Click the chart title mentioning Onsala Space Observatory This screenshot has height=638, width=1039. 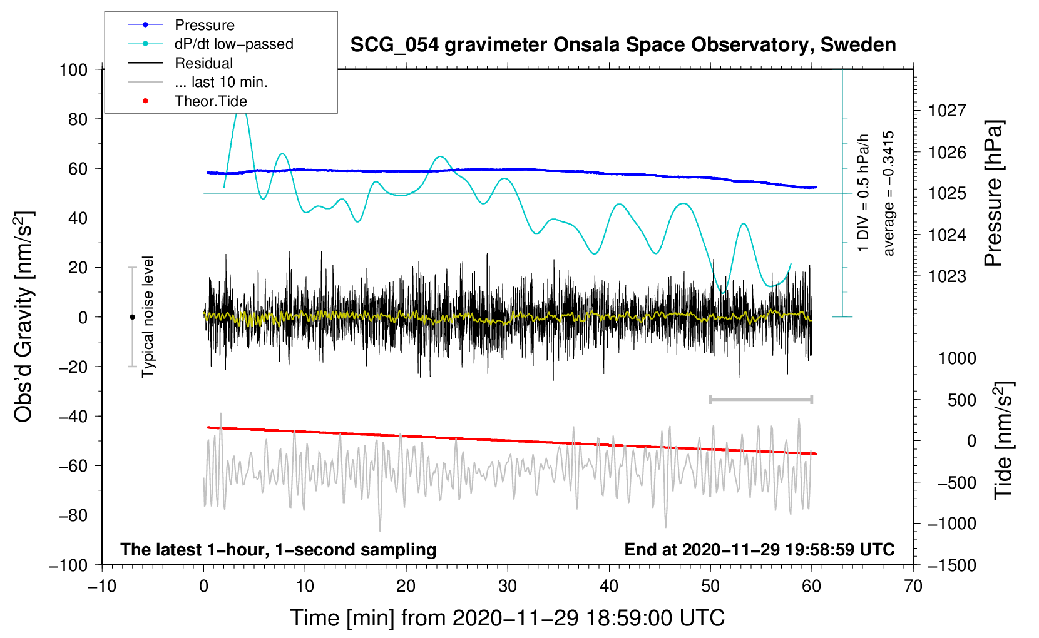click(x=623, y=45)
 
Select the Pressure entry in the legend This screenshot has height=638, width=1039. click(x=204, y=25)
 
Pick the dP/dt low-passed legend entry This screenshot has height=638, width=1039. click(x=233, y=44)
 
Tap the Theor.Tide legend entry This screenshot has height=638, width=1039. click(x=210, y=101)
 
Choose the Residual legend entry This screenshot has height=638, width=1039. click(x=203, y=63)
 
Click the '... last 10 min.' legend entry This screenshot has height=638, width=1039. click(x=221, y=82)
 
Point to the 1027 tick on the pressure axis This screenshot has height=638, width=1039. click(x=947, y=111)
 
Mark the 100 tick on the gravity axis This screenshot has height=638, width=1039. click(x=74, y=69)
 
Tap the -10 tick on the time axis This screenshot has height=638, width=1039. click(x=102, y=586)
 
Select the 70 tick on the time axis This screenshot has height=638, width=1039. click(x=913, y=586)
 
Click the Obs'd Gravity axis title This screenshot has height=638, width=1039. click(x=23, y=316)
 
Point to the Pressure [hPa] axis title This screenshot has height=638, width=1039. click(x=994, y=193)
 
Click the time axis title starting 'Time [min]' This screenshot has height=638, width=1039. click(x=508, y=618)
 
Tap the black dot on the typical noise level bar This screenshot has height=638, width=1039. click(x=132, y=317)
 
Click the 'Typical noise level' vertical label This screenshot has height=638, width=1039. click(x=148, y=316)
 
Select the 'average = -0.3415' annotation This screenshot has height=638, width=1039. click(x=889, y=193)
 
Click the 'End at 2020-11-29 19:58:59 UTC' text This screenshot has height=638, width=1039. click(x=759, y=550)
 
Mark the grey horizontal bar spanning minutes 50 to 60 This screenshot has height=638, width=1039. click(x=760, y=399)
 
